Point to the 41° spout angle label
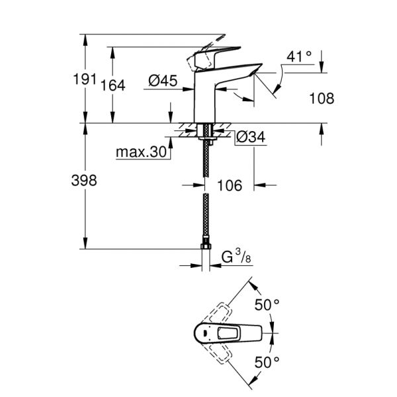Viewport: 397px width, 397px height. coord(299,57)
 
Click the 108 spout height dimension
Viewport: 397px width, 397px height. coord(321,99)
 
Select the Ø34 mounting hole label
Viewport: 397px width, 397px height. coord(250,137)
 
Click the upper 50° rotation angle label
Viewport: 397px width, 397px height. coord(267,306)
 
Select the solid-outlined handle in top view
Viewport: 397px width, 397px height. coord(228,333)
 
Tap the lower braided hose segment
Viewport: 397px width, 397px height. coord(206,218)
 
